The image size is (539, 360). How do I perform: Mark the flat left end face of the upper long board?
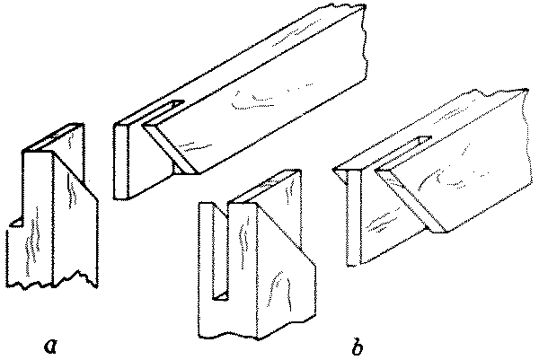point(124,162)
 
